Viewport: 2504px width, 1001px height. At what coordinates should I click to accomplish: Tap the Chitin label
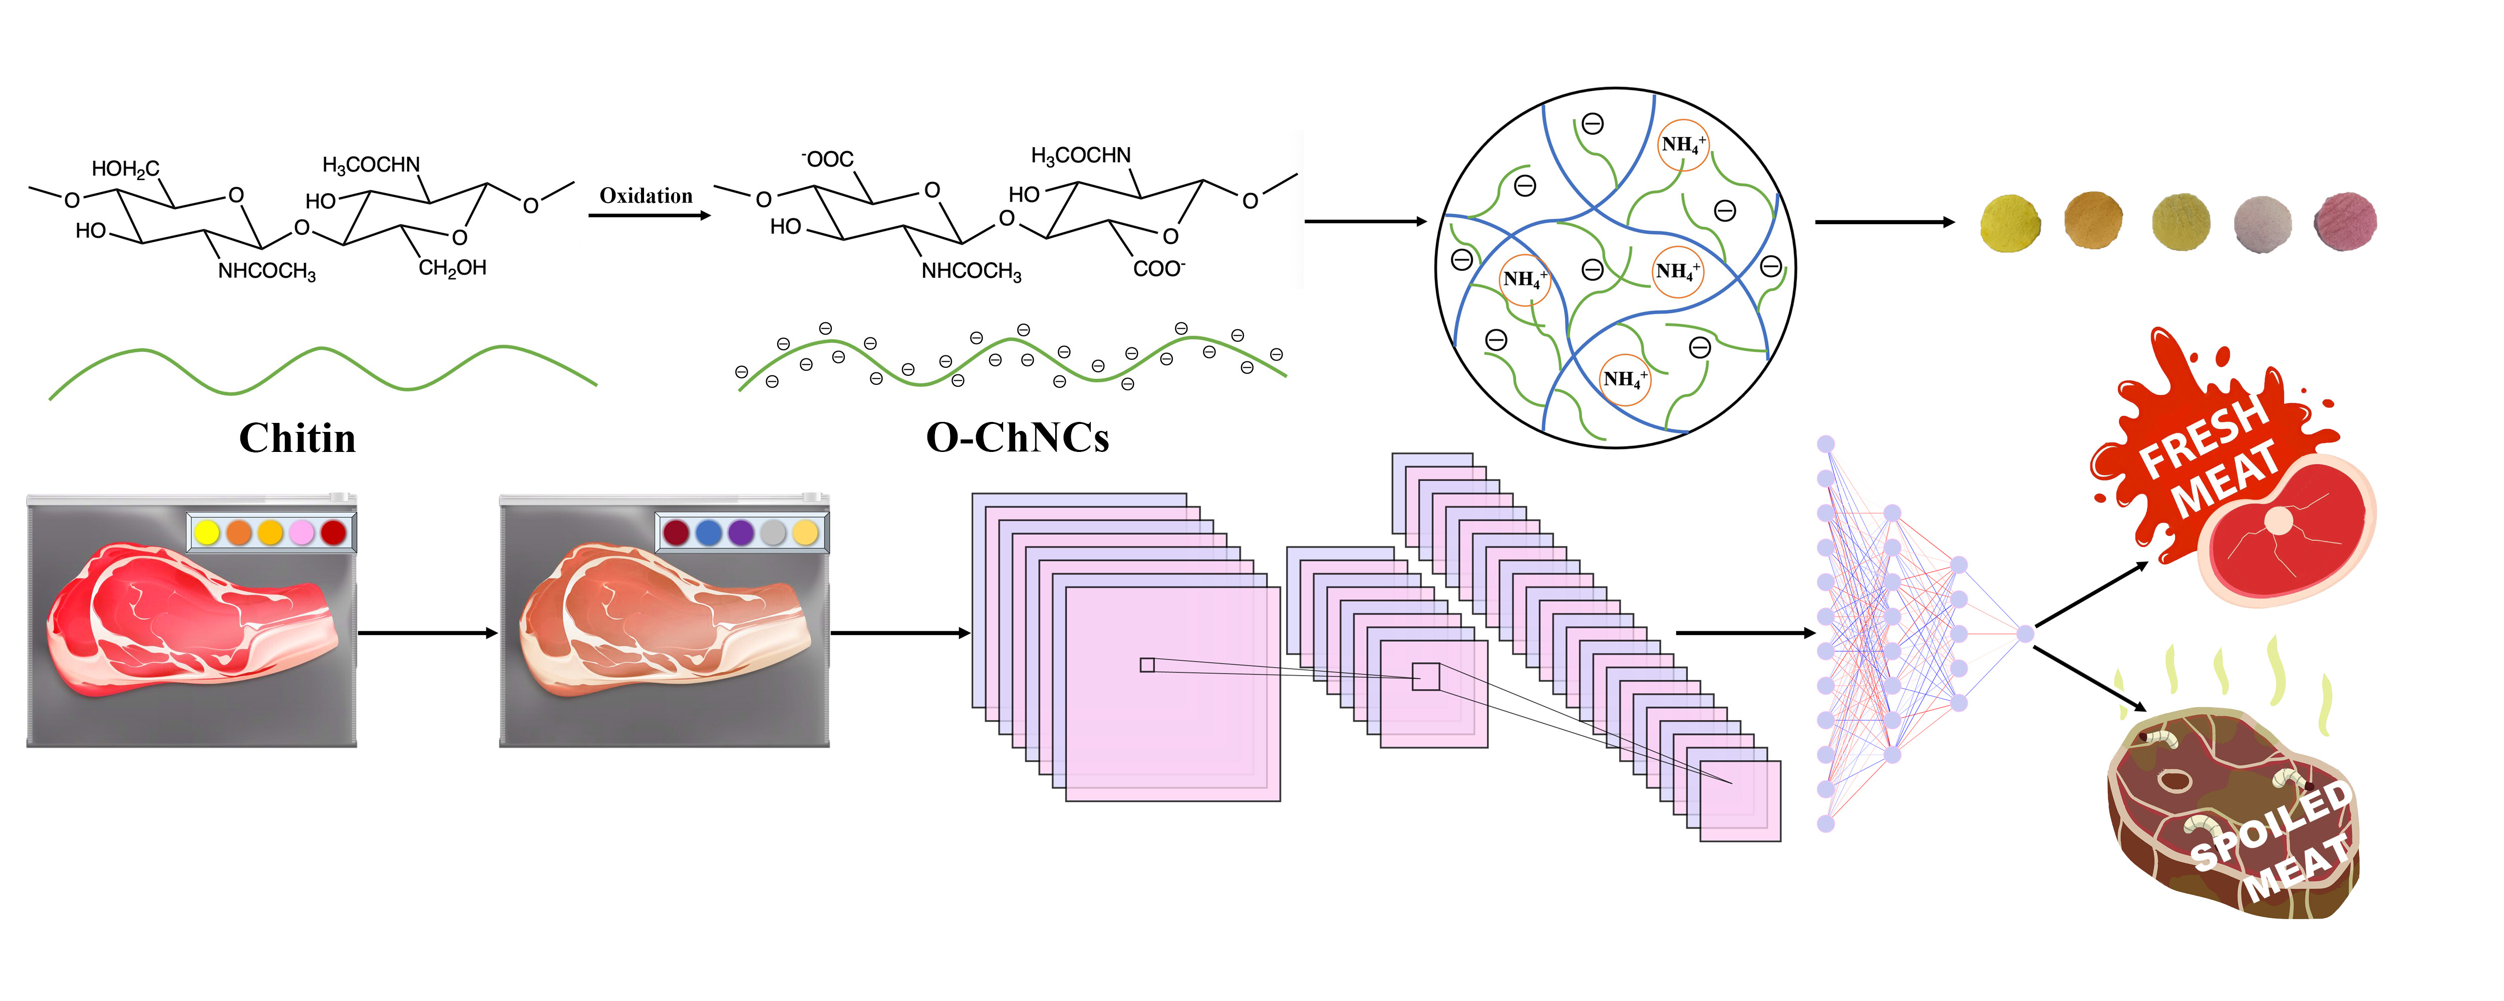297,438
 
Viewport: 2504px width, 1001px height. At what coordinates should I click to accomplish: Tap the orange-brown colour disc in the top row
2093,221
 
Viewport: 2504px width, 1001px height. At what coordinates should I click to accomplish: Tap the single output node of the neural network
2025,634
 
